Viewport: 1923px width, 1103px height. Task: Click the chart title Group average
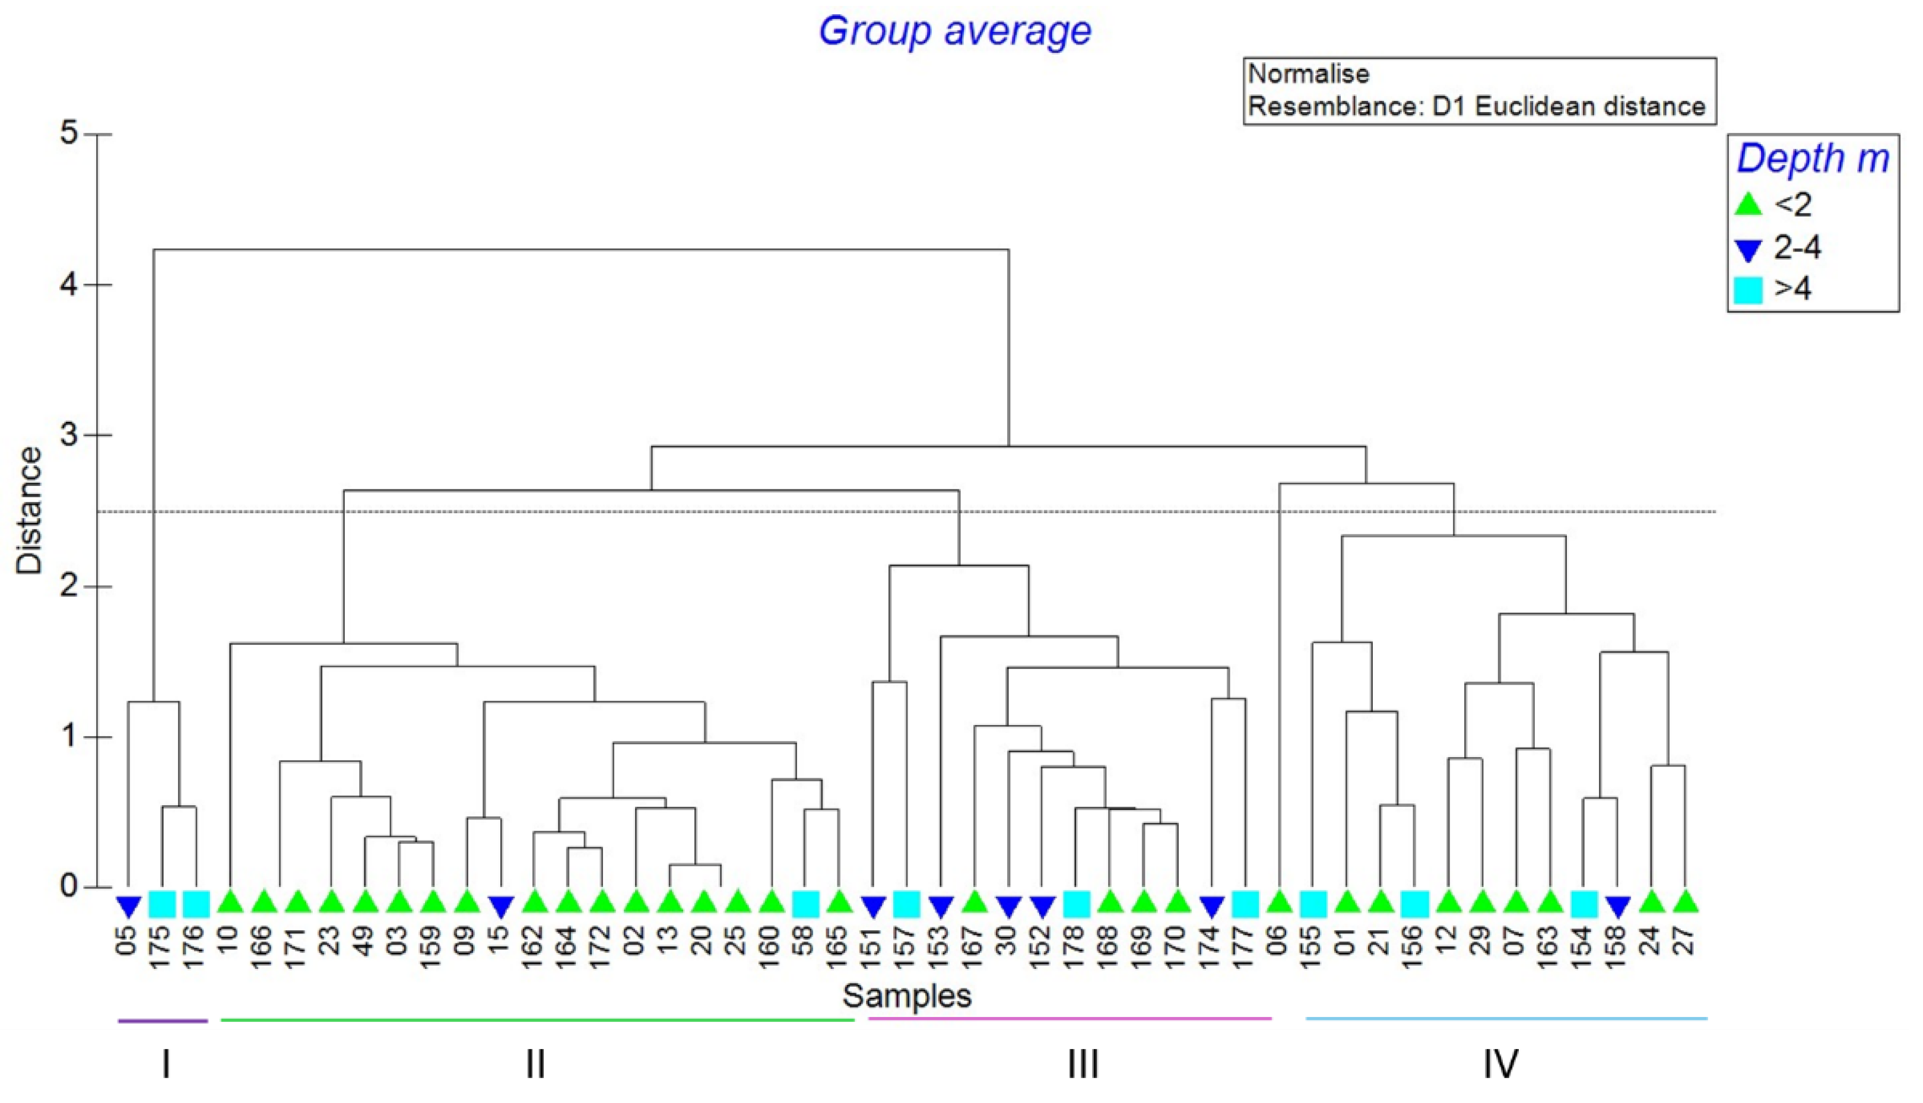pyautogui.click(x=955, y=31)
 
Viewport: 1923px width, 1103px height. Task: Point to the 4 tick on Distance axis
pyautogui.click(x=69, y=285)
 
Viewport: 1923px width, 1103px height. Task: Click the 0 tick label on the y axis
pyautogui.click(x=69, y=886)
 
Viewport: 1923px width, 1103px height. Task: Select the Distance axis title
pyautogui.click(x=30, y=511)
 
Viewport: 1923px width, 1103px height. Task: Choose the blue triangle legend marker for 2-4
pyautogui.click(x=1747, y=249)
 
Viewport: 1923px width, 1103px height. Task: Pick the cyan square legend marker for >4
pyautogui.click(x=1747, y=290)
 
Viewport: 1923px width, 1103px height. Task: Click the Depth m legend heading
pyautogui.click(x=1813, y=158)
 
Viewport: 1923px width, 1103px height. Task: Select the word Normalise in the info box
pyautogui.click(x=1309, y=74)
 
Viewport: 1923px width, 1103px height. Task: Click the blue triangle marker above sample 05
pyautogui.click(x=128, y=904)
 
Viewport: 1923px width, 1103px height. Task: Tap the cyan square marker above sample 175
pyautogui.click(x=162, y=904)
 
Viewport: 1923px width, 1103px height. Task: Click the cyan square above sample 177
pyautogui.click(x=1245, y=904)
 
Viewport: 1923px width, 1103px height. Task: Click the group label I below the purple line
pyautogui.click(x=166, y=1064)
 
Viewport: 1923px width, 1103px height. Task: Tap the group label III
pyautogui.click(x=1082, y=1064)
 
